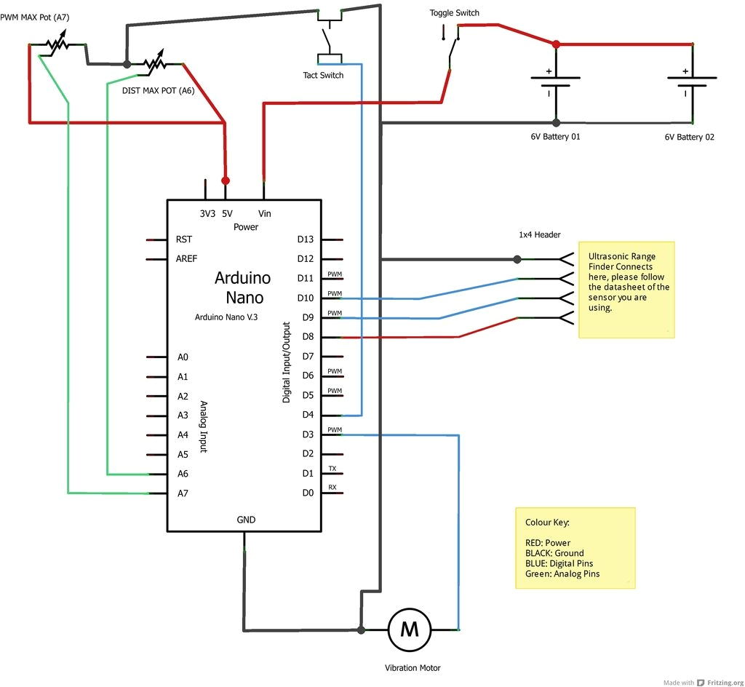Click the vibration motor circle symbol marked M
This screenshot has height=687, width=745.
pos(410,630)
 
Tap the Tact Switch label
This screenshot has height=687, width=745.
pos(323,75)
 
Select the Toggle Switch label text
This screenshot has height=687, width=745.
pos(454,13)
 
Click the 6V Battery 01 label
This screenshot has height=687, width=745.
pos(555,136)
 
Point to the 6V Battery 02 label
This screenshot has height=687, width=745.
pos(689,136)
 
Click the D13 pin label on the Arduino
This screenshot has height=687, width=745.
pos(306,239)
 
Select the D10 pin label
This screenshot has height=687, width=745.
pos(306,298)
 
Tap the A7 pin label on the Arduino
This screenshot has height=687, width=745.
pos(183,493)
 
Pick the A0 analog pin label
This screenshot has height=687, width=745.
pos(183,357)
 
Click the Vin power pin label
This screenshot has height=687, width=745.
pos(265,214)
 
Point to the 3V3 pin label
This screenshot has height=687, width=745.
pos(207,214)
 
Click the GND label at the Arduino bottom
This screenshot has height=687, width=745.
pos(246,520)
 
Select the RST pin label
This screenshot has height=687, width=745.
pos(183,239)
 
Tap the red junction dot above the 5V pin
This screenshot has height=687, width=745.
pos(226,180)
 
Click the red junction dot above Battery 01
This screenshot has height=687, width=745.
pos(556,44)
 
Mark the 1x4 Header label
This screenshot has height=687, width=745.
pos(539,235)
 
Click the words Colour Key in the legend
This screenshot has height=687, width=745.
pos(547,523)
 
